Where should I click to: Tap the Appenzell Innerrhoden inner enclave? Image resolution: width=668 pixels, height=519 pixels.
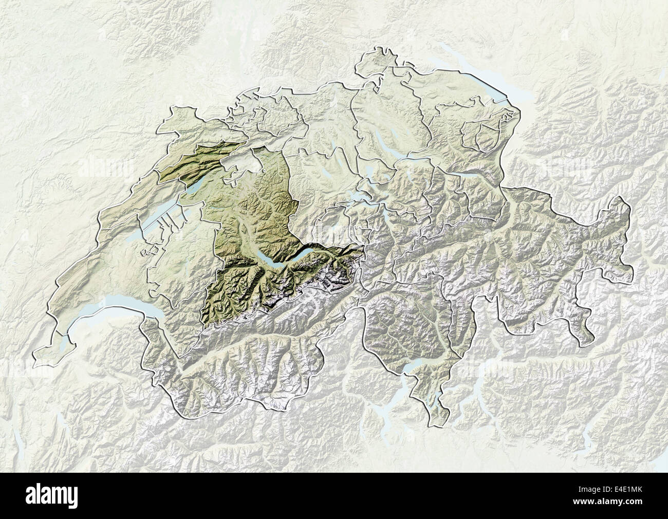pos(486,134)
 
